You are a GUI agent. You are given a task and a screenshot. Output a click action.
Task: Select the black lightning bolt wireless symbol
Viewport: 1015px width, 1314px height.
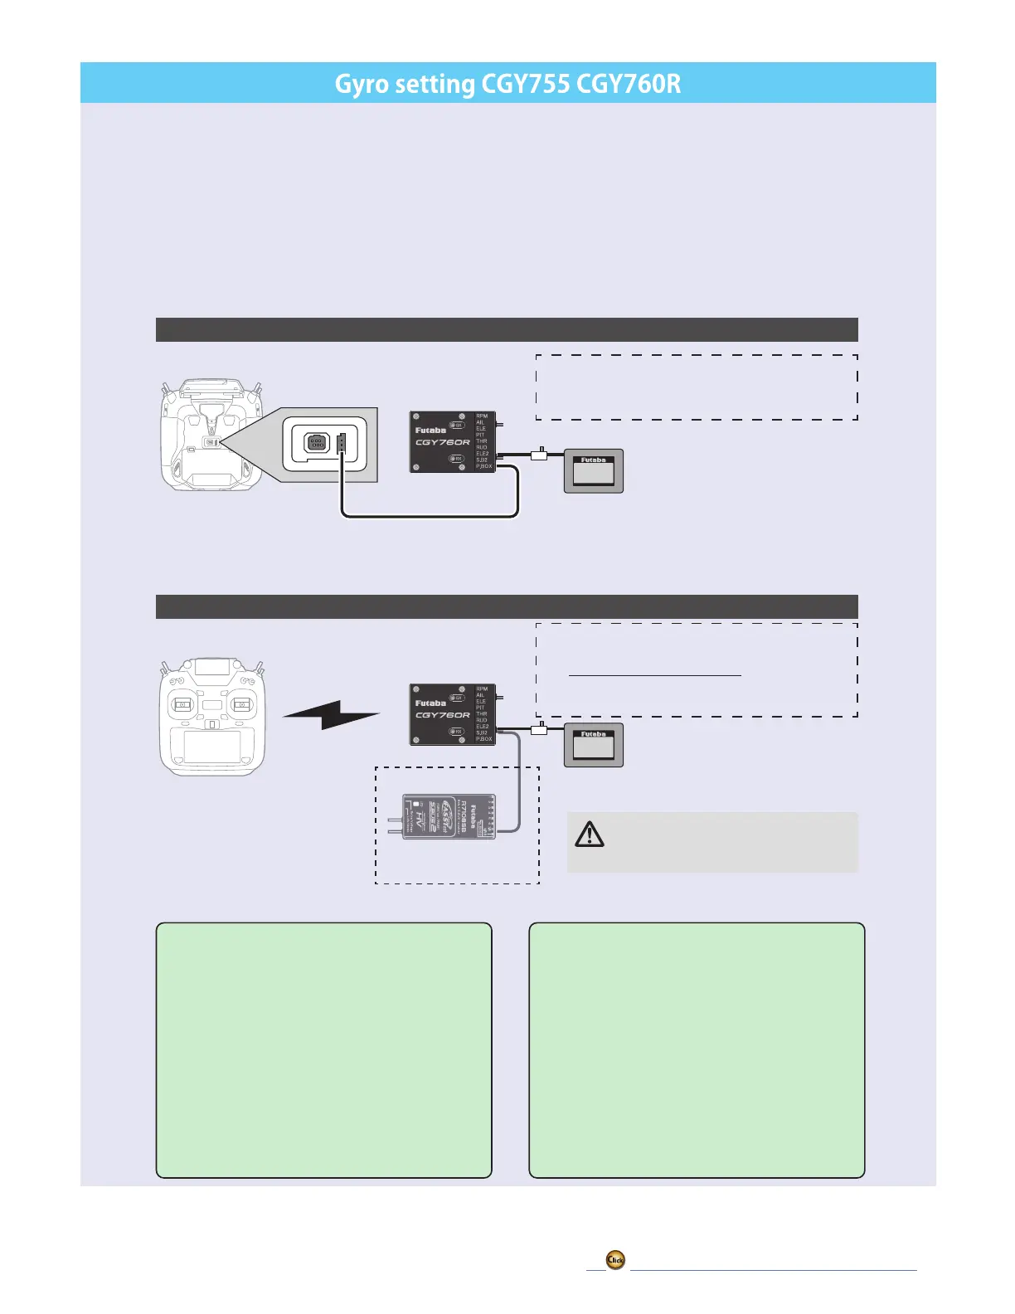331,714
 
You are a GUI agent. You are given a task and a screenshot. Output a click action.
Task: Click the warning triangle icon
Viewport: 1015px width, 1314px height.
590,834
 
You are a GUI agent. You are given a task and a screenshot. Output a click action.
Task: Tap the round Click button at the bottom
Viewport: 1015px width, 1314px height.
615,1260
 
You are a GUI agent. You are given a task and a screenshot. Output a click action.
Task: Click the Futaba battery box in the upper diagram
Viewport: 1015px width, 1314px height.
594,471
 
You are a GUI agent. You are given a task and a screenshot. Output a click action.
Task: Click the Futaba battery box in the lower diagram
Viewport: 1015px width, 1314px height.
594,745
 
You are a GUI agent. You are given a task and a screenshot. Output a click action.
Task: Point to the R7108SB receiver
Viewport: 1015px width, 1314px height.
449,817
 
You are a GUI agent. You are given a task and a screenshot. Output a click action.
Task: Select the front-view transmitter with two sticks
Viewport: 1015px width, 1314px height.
212,717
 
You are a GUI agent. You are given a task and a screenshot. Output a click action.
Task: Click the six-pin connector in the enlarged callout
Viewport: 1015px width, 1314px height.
317,443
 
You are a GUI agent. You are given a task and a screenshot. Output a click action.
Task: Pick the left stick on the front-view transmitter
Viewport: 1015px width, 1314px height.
182,705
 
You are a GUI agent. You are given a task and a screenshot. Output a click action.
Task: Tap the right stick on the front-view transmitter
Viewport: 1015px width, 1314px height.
241,705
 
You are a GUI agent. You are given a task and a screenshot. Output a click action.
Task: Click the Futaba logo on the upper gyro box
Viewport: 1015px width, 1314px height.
430,430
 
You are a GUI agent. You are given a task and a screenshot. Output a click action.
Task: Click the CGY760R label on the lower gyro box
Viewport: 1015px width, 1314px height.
442,715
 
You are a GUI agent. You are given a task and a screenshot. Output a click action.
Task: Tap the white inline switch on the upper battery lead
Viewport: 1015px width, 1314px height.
539,454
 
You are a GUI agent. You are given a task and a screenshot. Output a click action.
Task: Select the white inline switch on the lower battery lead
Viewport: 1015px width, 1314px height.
539,728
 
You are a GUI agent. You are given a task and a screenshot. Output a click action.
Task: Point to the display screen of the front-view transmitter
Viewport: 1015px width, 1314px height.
212,746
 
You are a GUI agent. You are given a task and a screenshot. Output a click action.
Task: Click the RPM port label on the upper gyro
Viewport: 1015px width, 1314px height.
482,416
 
